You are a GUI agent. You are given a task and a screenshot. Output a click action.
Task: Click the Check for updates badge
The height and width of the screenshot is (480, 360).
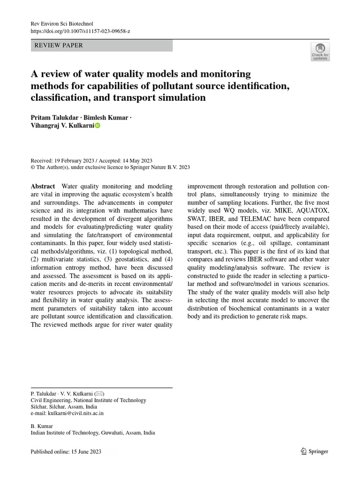pos(320,52)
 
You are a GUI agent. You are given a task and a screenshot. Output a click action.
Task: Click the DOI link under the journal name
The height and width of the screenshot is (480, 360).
pos(80,30)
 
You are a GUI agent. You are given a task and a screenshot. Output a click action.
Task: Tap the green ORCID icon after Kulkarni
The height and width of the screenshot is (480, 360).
pos(97,126)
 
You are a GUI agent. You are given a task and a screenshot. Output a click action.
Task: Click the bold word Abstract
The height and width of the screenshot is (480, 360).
pos(43,186)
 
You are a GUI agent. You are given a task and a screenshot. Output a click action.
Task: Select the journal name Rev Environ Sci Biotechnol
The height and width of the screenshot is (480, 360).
pos(62,23)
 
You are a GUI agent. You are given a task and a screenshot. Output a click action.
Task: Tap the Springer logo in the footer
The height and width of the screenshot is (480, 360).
pos(314,451)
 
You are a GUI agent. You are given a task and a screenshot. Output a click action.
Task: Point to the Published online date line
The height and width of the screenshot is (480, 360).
pos(66,451)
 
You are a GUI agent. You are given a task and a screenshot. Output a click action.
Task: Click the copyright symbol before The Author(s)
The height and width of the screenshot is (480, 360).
pos(33,167)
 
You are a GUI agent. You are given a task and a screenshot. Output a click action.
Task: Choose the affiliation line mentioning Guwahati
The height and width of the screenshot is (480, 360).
pos(92,433)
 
